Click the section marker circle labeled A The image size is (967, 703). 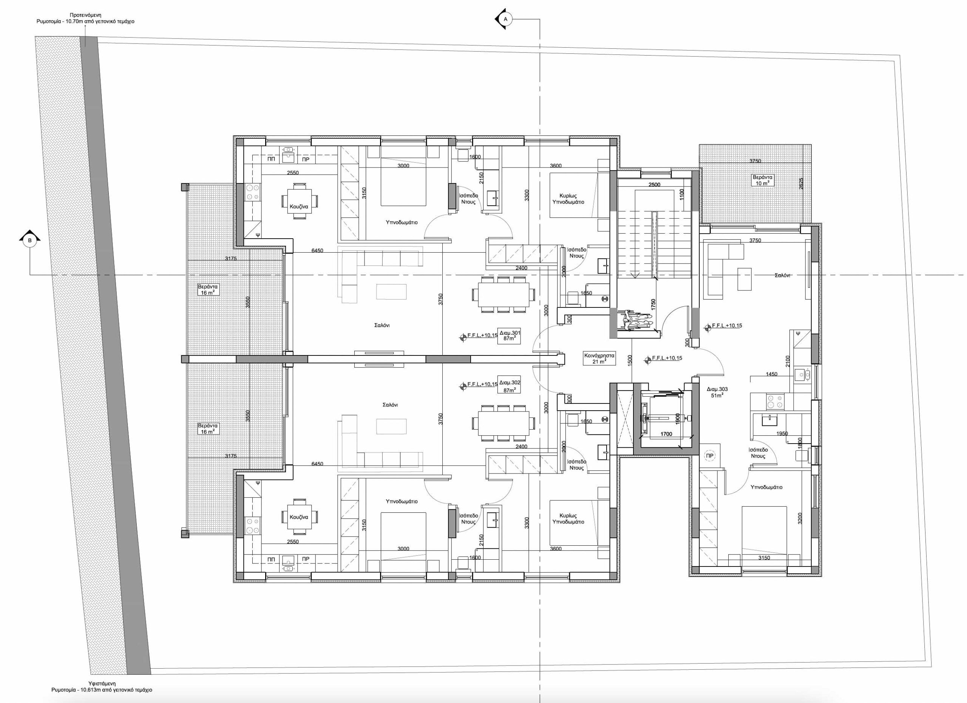pyautogui.click(x=506, y=19)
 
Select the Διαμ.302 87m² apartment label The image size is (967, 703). pyautogui.click(x=510, y=386)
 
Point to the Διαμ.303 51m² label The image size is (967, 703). pyautogui.click(x=717, y=392)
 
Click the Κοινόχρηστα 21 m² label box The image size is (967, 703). pyautogui.click(x=599, y=358)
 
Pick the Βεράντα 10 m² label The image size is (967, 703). pyautogui.click(x=762, y=180)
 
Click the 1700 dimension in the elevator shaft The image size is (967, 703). pyautogui.click(x=666, y=434)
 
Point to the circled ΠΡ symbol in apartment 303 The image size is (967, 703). pyautogui.click(x=710, y=456)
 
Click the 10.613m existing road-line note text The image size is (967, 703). pyautogui.click(x=102, y=690)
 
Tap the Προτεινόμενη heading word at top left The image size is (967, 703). pyautogui.click(x=85, y=15)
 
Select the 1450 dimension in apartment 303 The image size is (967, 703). pyautogui.click(x=771, y=374)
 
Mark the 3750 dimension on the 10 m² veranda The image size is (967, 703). pyautogui.click(x=755, y=161)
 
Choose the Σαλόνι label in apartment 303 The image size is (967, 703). pyautogui.click(x=782, y=275)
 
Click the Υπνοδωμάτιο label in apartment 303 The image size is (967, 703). pyautogui.click(x=766, y=487)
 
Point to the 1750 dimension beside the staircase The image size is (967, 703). pyautogui.click(x=653, y=305)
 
